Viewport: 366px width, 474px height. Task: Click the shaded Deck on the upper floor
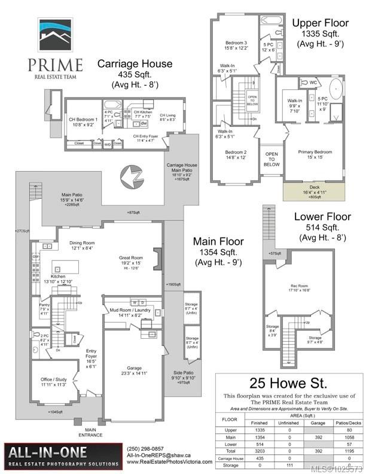tap(315, 190)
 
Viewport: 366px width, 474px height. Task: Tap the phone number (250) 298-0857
tap(145, 449)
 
